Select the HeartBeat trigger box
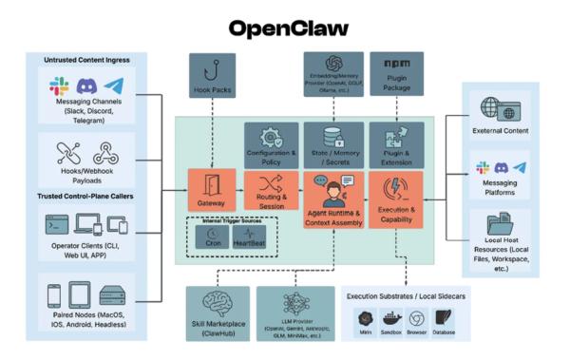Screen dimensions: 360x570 tap(250, 237)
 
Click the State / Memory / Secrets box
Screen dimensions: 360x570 tap(332, 145)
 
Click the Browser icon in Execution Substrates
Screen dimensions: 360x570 tap(416, 320)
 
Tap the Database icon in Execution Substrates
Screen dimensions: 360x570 tap(445, 320)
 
